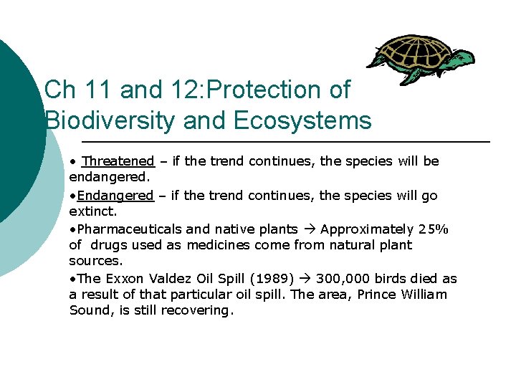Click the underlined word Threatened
coord(118,161)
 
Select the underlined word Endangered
coord(115,196)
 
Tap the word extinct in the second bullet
coord(91,212)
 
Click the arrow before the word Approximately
coord(310,229)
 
